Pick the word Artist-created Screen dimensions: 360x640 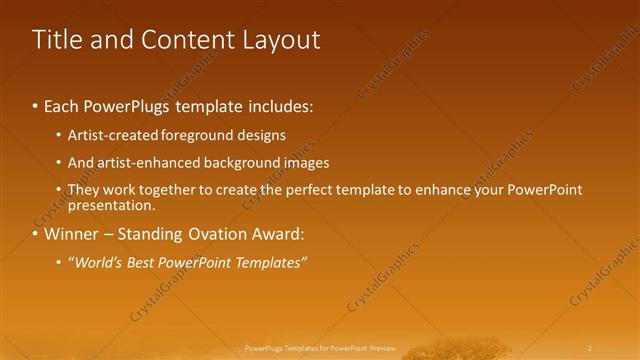(x=107, y=135)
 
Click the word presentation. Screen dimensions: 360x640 (x=111, y=206)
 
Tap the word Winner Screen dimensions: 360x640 (x=72, y=235)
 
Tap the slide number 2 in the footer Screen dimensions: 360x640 (x=590, y=348)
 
